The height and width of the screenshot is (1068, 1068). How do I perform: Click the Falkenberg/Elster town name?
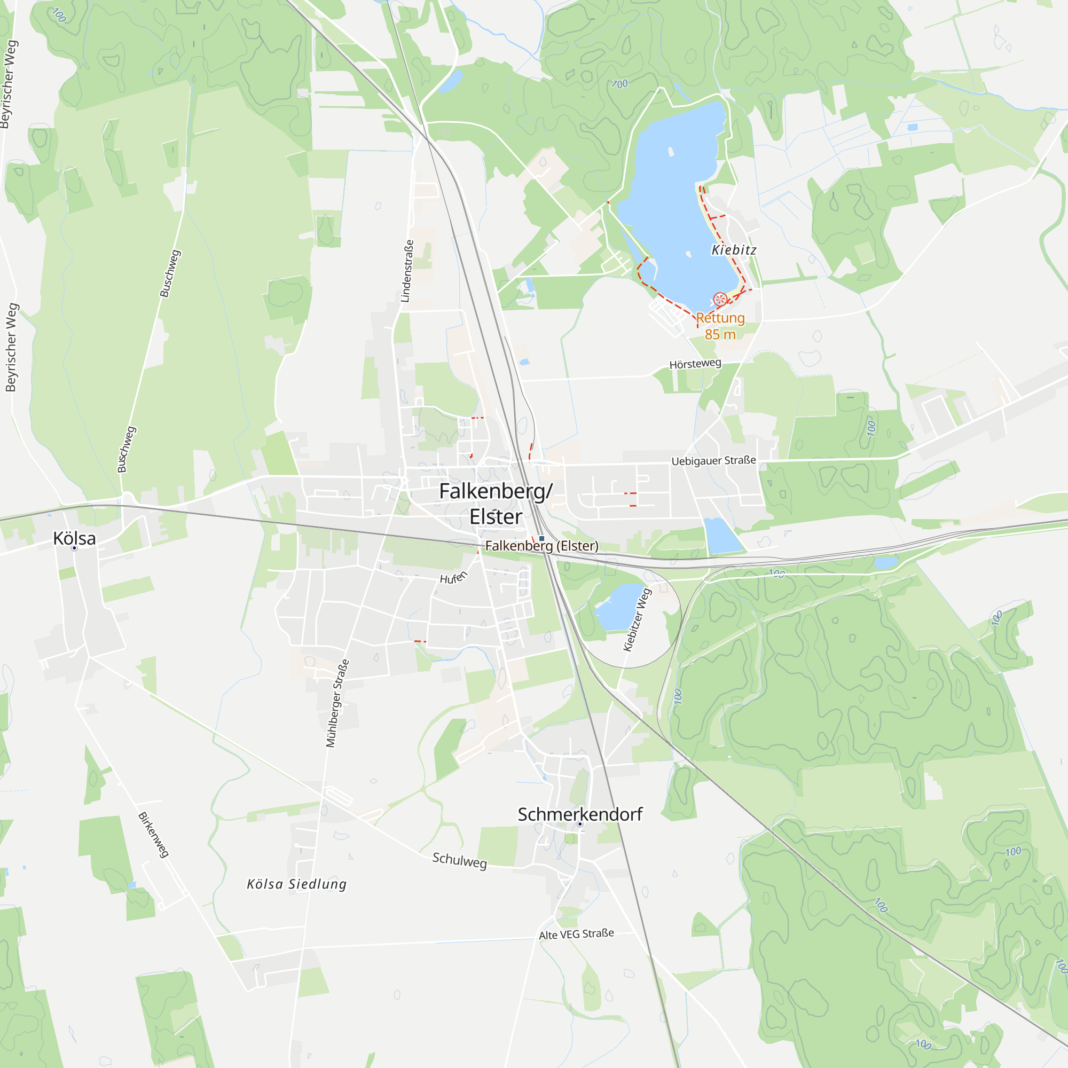496,504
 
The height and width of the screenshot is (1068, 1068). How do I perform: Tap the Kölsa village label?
75,538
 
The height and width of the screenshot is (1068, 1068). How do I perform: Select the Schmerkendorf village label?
580,814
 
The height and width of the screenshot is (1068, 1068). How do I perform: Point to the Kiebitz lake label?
734,250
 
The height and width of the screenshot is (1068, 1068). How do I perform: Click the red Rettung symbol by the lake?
720,300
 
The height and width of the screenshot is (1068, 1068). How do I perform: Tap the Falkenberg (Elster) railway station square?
541,538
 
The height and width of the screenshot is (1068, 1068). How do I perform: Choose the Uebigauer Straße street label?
713,460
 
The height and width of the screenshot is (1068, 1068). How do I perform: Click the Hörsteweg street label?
695,364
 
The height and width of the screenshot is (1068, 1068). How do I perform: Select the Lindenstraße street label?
407,271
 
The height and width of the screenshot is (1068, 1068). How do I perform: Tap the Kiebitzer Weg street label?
638,619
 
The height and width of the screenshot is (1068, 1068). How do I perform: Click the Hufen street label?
453,578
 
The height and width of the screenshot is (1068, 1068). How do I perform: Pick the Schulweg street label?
459,860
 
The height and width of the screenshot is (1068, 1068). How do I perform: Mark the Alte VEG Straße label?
576,933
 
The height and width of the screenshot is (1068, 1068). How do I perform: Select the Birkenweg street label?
153,835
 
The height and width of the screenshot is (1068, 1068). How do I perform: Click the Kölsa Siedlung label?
296,884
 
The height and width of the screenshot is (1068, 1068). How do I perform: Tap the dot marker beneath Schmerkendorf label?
580,823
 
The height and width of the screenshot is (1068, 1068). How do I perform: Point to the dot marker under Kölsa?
75,548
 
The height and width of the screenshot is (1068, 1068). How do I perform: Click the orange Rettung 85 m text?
720,326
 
